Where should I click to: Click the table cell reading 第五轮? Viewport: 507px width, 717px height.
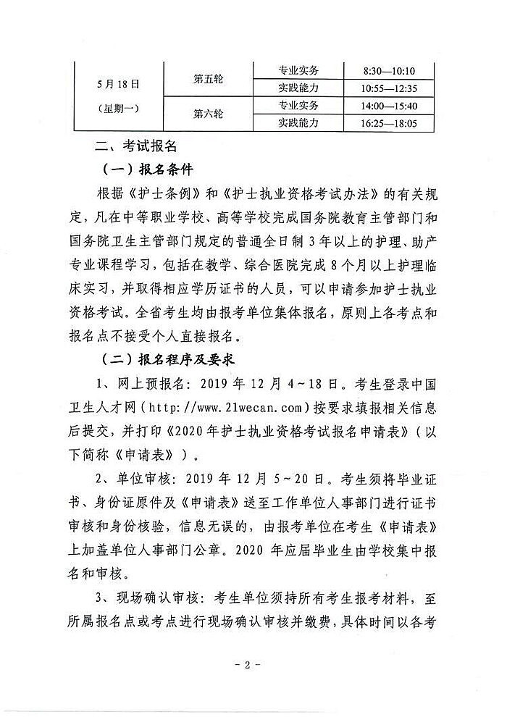pyautogui.click(x=208, y=80)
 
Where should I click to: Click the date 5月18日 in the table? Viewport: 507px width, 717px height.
pyautogui.click(x=118, y=84)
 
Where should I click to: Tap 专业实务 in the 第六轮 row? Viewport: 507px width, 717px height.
pyautogui.click(x=298, y=106)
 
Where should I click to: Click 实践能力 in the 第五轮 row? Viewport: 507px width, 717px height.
pyautogui.click(x=298, y=88)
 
